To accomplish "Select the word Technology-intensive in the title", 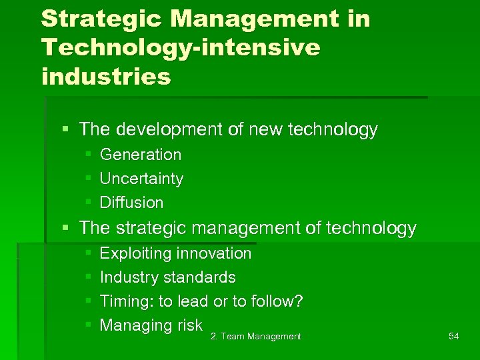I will [x=181, y=48].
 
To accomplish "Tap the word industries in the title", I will [x=106, y=77].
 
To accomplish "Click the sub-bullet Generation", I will [x=140, y=155].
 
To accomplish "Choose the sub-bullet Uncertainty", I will [x=141, y=179].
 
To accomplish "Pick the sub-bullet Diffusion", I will [x=131, y=203].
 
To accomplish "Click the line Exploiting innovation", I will [x=175, y=253].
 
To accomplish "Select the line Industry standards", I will [x=167, y=277].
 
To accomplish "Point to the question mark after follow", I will [x=299, y=301].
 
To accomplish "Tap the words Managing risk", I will [x=151, y=325].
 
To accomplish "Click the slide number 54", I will [x=453, y=337].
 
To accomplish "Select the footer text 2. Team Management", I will [x=256, y=337].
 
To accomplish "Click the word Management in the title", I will [x=254, y=19].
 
